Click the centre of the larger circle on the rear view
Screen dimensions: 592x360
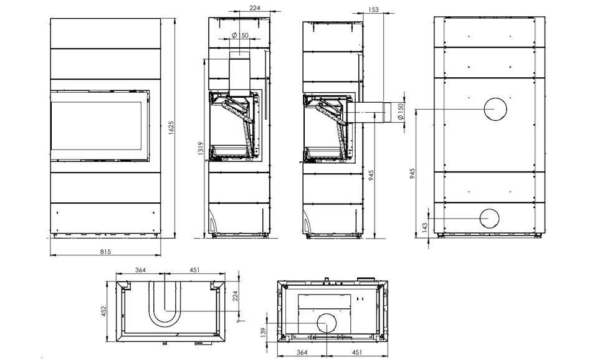(495, 109)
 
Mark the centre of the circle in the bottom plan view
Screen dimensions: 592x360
(327, 324)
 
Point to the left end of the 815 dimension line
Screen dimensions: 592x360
(50, 255)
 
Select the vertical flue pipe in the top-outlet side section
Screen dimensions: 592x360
(239, 74)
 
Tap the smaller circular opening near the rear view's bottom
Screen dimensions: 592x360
(489, 219)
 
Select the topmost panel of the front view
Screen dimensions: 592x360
(105, 34)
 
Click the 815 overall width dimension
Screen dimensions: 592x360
(105, 252)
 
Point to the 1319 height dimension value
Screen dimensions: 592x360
(201, 148)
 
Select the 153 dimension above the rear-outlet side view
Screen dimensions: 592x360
(373, 10)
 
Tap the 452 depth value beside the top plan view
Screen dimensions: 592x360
(104, 311)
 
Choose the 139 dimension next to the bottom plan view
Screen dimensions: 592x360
(263, 332)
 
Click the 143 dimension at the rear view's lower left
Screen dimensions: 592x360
(425, 227)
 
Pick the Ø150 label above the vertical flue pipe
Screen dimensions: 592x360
(240, 35)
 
